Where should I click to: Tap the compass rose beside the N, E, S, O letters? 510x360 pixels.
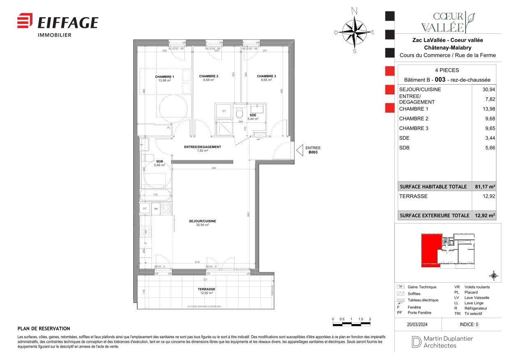click(355, 32)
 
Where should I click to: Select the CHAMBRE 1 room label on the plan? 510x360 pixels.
click(165, 77)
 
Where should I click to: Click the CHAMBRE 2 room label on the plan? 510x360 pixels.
click(209, 76)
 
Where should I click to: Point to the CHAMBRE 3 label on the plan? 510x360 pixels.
click(266, 76)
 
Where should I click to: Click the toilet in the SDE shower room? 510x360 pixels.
click(239, 113)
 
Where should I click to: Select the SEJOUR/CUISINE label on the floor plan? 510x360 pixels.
click(202, 221)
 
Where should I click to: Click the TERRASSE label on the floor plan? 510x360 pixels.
click(206, 289)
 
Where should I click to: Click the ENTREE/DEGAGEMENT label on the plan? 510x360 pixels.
click(202, 147)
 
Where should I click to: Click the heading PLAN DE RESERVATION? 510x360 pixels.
click(44, 329)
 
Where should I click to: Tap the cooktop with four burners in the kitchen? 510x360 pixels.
click(165, 208)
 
